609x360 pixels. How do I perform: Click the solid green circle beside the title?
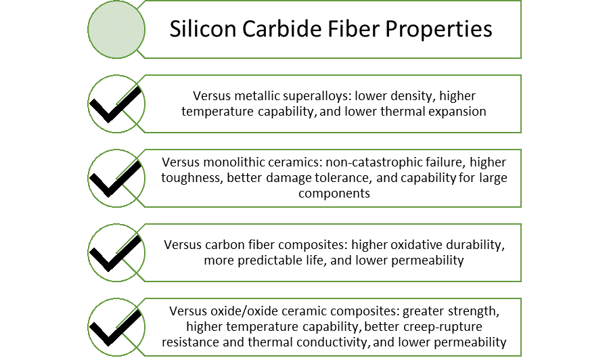pyautogui.click(x=116, y=29)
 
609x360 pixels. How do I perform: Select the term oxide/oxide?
pyautogui.click(x=238, y=311)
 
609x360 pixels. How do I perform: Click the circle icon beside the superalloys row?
pyautogui.click(x=116, y=104)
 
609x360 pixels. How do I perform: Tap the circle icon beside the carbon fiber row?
pyautogui.click(x=116, y=252)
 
